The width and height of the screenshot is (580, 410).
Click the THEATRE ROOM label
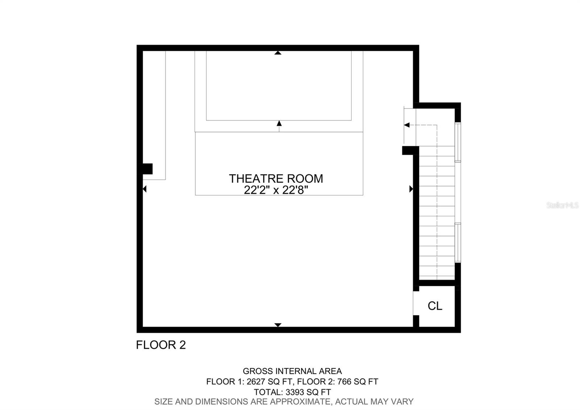276,179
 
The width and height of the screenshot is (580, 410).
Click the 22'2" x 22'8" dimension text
276,190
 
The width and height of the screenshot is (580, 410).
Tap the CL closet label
435,306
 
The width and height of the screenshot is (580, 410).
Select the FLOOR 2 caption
161,345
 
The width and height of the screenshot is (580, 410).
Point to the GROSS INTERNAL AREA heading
292,371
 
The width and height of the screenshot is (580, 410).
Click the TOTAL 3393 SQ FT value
292,392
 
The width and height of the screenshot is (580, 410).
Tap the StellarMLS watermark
562,205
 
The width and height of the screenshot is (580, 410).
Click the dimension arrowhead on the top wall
278,53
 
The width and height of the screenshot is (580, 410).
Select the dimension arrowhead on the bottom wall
278,325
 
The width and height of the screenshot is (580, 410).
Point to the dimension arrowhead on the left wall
145,189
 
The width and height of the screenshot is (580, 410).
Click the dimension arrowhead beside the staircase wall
411,189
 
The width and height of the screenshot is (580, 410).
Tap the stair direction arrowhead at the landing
407,125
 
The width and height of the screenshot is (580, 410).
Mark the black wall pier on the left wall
148,169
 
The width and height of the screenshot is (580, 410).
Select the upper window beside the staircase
458,142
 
